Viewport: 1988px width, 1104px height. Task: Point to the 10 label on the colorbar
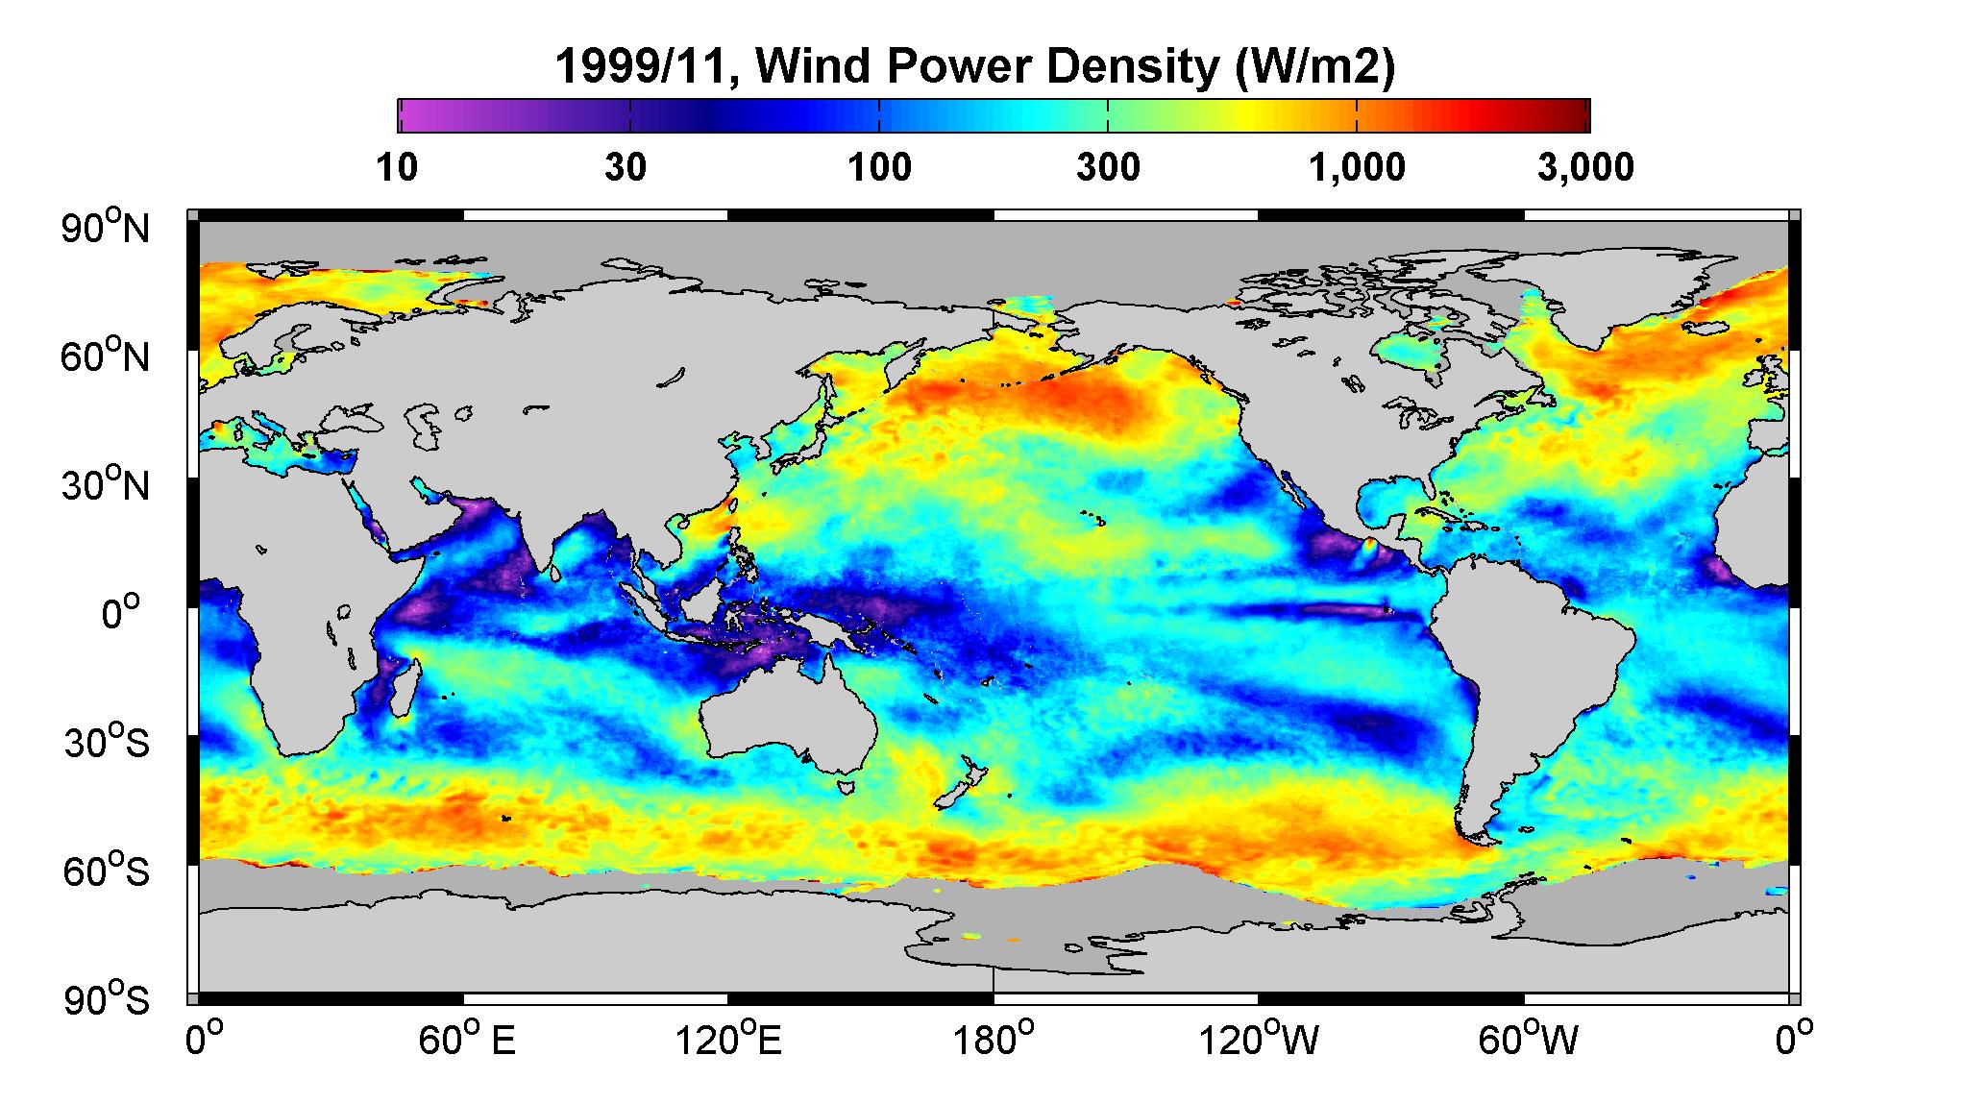click(397, 168)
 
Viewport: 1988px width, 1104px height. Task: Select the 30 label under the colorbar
click(626, 168)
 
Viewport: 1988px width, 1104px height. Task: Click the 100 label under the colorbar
click(879, 168)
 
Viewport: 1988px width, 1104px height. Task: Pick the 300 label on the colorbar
click(1108, 168)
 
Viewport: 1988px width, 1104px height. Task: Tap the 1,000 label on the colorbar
click(1357, 168)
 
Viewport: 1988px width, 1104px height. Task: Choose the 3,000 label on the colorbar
click(1585, 168)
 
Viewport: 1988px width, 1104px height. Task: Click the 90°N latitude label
click(106, 228)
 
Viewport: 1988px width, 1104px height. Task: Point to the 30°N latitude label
click(106, 484)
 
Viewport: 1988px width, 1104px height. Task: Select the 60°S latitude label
click(106, 871)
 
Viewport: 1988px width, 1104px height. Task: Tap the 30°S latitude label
click(106, 743)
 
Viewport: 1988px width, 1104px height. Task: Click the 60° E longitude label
click(466, 1040)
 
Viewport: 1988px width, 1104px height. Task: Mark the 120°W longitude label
click(1260, 1040)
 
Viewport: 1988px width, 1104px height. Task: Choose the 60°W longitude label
click(1527, 1040)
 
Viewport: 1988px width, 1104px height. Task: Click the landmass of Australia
click(783, 716)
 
